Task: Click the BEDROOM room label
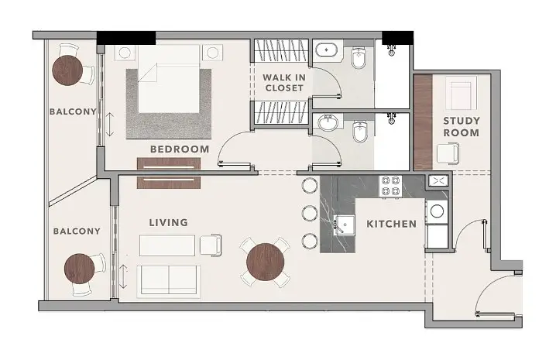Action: pyautogui.click(x=180, y=149)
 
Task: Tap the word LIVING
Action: pyautogui.click(x=169, y=222)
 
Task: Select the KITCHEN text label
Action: pyautogui.click(x=392, y=224)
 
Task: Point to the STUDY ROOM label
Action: pyautogui.click(x=462, y=127)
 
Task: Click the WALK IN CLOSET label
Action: pyautogui.click(x=284, y=83)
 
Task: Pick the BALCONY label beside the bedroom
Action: pyautogui.click(x=73, y=111)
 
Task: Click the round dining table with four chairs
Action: pyautogui.click(x=266, y=262)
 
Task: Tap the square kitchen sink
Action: pyautogui.click(x=344, y=225)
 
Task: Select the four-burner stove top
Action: pyautogui.click(x=390, y=187)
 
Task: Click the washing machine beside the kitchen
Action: pyautogui.click(x=437, y=211)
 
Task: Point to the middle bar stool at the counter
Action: pyautogui.click(x=310, y=213)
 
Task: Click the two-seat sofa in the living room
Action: pyautogui.click(x=169, y=281)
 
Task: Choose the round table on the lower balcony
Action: pyautogui.click(x=80, y=269)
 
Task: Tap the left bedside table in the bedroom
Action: pyautogui.click(x=125, y=53)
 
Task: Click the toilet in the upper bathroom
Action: pyautogui.click(x=359, y=58)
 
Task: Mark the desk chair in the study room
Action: pyautogui.click(x=448, y=153)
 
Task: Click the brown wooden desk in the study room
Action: pyautogui.click(x=423, y=122)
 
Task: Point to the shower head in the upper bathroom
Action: pyautogui.click(x=392, y=50)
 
